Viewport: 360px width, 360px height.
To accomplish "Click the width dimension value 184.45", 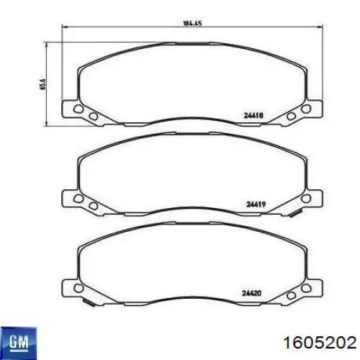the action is [192, 24].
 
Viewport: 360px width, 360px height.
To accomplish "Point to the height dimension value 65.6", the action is [43, 84].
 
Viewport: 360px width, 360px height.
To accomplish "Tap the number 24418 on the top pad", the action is [253, 115].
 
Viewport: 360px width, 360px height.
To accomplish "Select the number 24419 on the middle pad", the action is [256, 204].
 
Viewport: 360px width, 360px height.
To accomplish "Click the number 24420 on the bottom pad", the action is [252, 293].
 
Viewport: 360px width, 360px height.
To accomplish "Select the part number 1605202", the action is [320, 342].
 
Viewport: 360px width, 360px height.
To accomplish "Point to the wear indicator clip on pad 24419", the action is [295, 213].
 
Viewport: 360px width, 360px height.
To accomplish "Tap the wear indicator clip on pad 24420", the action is [89, 302].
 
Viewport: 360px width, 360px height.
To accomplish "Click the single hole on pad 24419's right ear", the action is [306, 199].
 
